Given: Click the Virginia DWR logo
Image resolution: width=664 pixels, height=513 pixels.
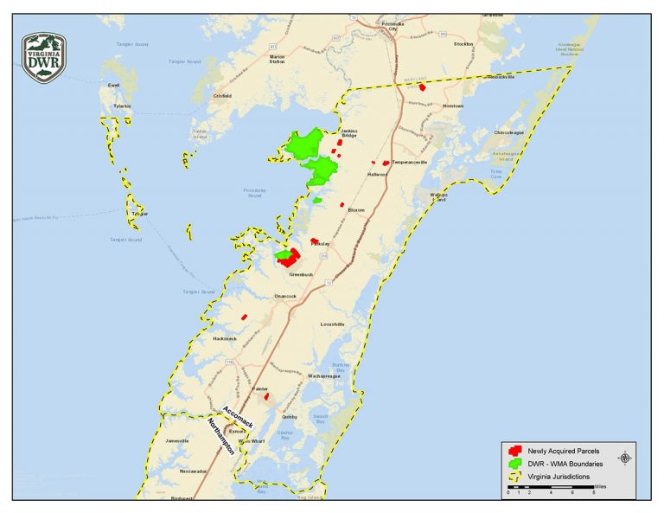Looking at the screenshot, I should pos(44,57).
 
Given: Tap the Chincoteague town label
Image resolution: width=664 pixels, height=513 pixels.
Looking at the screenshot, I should pos(509,132).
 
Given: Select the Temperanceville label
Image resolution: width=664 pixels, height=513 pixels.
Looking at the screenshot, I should pos(410,162).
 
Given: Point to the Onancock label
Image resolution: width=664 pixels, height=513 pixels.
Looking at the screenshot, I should pos(284,296).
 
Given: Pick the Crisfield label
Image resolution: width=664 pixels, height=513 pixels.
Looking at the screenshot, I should pos(221,95).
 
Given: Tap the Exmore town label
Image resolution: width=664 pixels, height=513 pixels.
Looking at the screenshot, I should pos(238,430).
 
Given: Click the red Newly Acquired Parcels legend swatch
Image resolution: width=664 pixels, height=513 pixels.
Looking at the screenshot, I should pos(516,452).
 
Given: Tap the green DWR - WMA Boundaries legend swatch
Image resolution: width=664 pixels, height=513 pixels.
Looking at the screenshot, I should pos(516,465).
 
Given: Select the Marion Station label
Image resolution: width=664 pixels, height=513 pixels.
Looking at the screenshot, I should pos(277,59).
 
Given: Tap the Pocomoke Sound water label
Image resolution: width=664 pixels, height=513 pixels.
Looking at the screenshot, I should pos(253,194).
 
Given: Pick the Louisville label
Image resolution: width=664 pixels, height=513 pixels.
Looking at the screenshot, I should pos(333,324).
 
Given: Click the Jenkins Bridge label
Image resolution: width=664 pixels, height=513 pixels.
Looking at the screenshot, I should pos(348,134).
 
